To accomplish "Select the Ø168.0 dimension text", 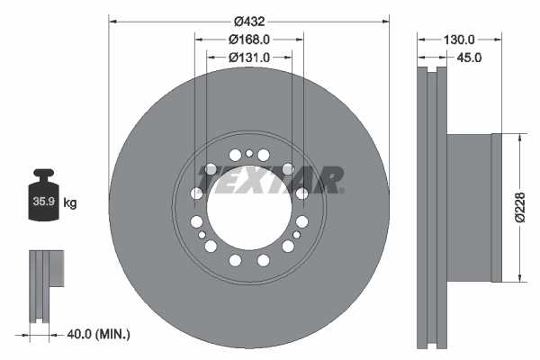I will (x=249, y=40).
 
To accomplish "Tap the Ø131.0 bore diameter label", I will (x=249, y=58).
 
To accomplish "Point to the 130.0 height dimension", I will (x=458, y=40).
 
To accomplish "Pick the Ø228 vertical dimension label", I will (x=519, y=207).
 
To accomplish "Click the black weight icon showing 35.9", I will (x=44, y=193).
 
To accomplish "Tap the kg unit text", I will (x=70, y=203).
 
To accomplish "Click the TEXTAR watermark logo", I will (x=270, y=180).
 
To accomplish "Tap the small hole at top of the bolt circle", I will (x=249, y=154).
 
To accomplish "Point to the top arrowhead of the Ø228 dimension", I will (x=519, y=137).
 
